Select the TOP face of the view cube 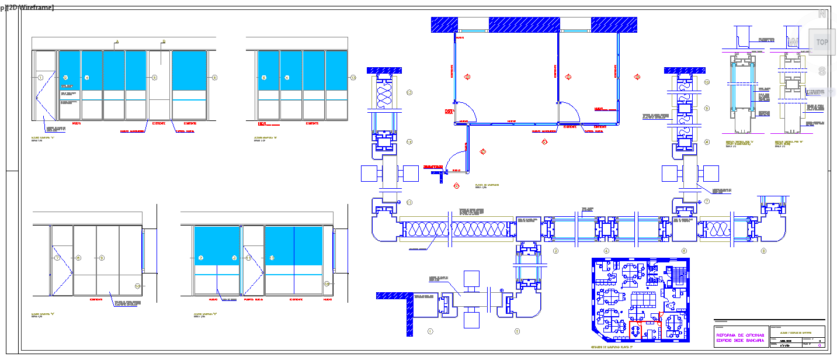822,42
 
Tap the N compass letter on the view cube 822,14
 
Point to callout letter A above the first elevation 116,41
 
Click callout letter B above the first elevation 164,41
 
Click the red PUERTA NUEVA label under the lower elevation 253,299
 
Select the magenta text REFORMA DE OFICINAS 739,334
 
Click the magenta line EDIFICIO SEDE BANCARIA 739,340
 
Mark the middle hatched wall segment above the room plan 524,25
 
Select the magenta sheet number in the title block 819,346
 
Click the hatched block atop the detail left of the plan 384,71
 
